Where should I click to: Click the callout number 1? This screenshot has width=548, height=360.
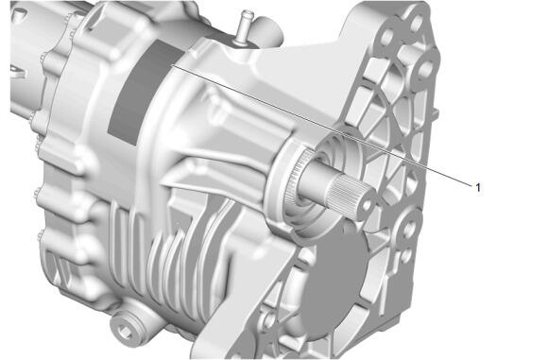click(478, 187)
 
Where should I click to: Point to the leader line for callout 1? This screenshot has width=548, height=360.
click(321, 125)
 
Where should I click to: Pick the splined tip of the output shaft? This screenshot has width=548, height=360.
click(350, 195)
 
